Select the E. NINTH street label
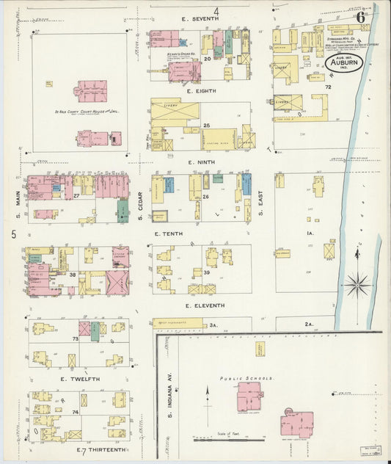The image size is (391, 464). (x=200, y=162)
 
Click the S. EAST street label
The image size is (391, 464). (x=260, y=199)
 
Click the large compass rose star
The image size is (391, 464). (x=358, y=283)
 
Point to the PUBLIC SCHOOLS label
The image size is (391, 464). (x=247, y=379)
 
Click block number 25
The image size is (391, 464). (x=207, y=126)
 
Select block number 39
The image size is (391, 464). (x=207, y=272)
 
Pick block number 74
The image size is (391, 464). (x=75, y=413)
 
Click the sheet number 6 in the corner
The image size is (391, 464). (x=360, y=16)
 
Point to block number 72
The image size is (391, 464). (x=329, y=87)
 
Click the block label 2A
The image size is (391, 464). (x=309, y=324)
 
